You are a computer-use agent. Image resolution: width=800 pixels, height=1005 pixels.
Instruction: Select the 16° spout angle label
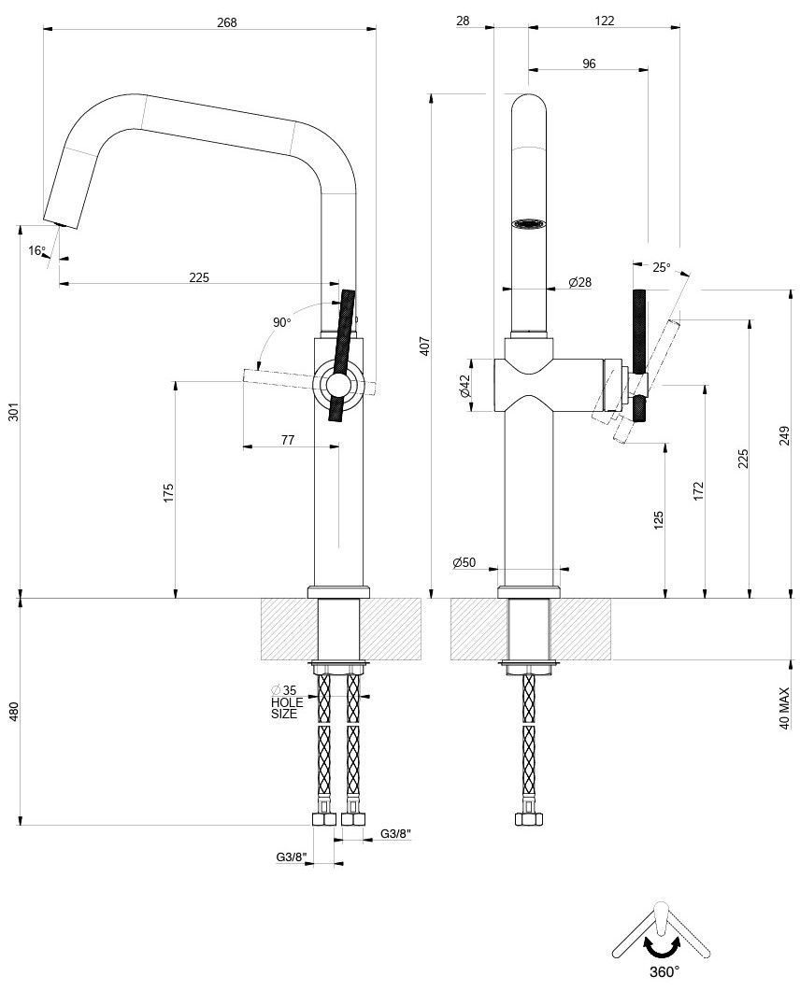click(36, 250)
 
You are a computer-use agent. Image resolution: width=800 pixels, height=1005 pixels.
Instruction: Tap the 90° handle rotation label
click(282, 322)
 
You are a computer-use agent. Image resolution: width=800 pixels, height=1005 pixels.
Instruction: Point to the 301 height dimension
click(13, 412)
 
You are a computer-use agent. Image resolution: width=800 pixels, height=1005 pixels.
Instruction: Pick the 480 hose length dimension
click(13, 712)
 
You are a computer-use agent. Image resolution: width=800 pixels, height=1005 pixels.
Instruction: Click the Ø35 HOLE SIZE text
click(285, 702)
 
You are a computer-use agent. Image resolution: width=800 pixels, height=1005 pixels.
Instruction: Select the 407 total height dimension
click(424, 347)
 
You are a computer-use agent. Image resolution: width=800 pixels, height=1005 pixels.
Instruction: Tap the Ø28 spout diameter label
click(580, 282)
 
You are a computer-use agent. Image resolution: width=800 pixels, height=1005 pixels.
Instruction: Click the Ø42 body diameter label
click(464, 386)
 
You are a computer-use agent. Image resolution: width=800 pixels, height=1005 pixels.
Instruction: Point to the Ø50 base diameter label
click(464, 562)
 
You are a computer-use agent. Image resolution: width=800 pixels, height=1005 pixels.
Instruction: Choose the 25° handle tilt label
click(661, 267)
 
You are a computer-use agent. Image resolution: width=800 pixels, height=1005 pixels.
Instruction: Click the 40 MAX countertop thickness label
click(785, 709)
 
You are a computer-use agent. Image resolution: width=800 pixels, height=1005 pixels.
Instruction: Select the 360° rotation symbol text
click(664, 971)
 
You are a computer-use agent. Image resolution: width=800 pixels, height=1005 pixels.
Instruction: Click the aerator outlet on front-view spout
click(528, 224)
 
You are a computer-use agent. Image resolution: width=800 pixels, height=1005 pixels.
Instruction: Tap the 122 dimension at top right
click(604, 21)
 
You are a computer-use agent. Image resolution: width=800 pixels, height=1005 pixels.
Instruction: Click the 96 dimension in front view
click(589, 64)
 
